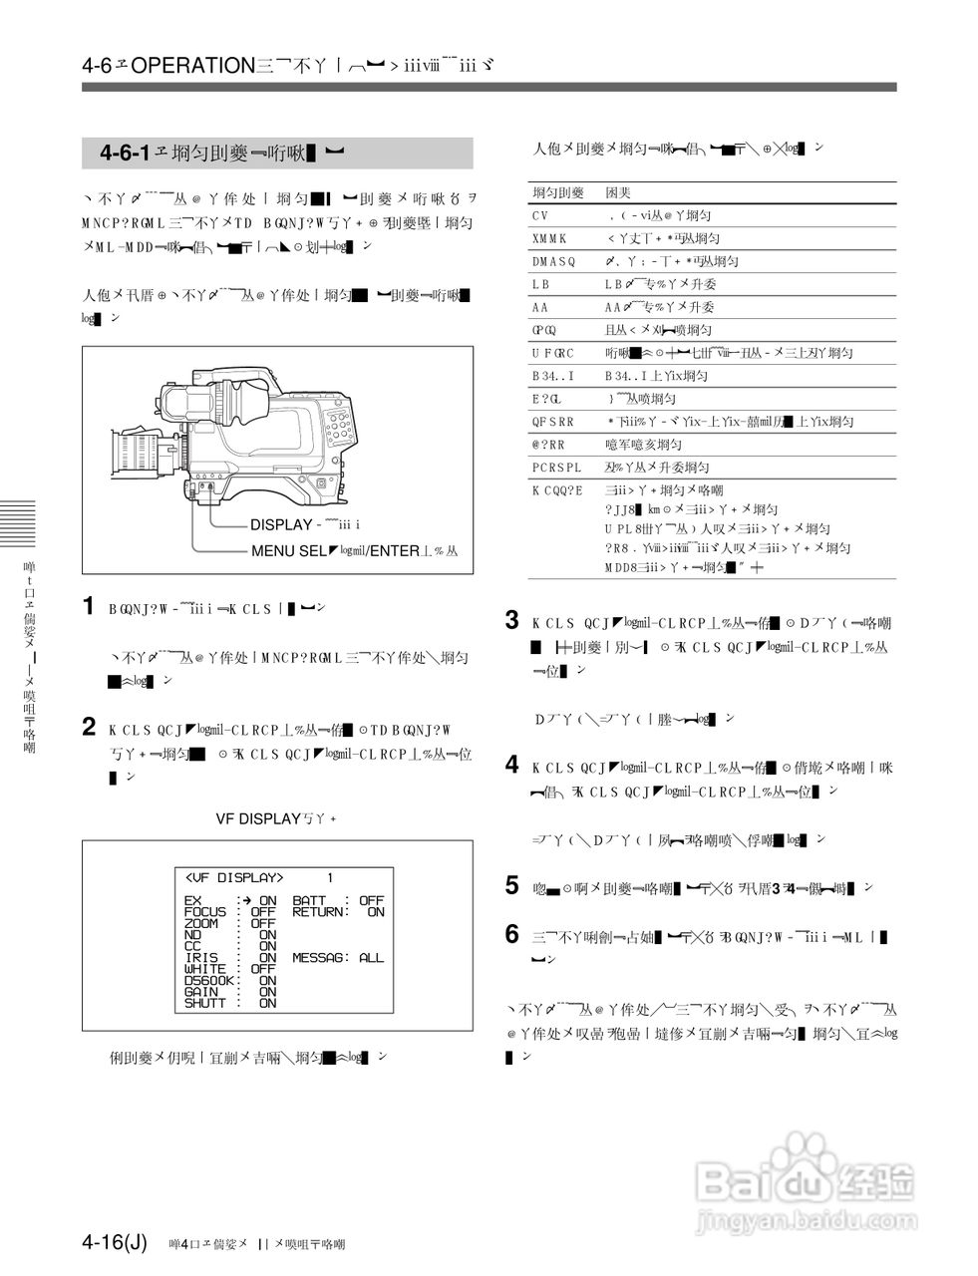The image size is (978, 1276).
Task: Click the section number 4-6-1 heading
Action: (x=125, y=153)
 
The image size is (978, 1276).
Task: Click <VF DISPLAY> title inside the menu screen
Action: (x=234, y=878)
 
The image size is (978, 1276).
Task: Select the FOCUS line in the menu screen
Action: (x=229, y=912)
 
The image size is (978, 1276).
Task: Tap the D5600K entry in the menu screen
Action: (x=230, y=981)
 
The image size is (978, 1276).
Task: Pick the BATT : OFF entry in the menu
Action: (x=337, y=900)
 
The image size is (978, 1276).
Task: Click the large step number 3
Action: (x=512, y=621)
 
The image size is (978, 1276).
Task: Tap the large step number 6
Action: (x=512, y=934)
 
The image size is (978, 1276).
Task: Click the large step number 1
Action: (x=89, y=606)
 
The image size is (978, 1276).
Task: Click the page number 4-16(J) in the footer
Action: (x=115, y=1242)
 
